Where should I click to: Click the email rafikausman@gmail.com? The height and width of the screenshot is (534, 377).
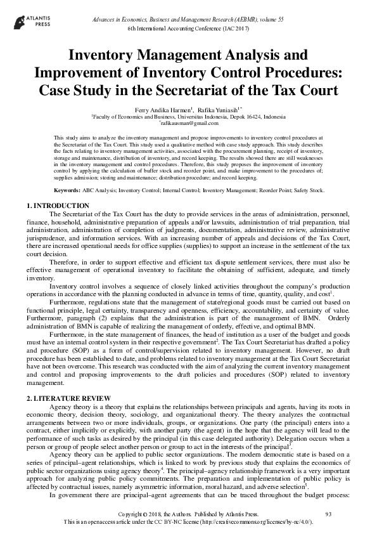[188, 124]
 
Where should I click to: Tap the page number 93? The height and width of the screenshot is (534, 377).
[328, 512]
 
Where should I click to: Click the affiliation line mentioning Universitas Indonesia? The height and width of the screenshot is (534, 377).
[188, 117]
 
